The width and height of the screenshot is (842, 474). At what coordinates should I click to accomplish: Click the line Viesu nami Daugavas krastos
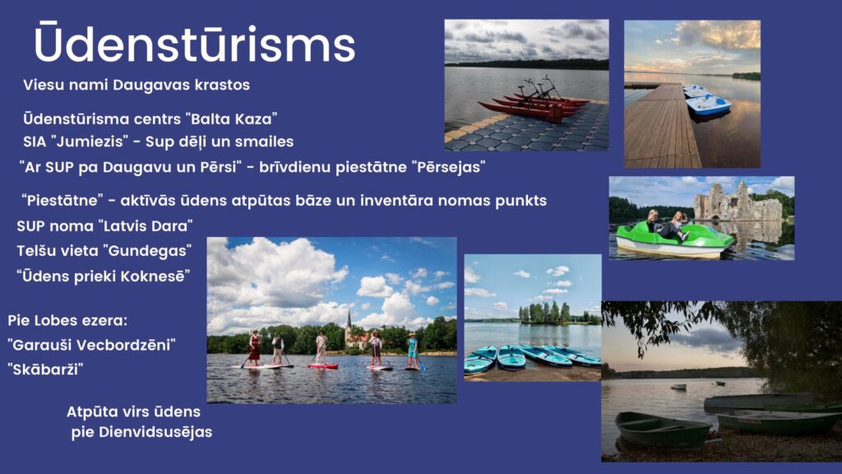coord(136,85)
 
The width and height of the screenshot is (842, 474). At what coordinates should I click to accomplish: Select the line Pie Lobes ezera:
coord(67,321)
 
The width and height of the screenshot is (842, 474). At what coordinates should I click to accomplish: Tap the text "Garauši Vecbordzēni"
coord(92,345)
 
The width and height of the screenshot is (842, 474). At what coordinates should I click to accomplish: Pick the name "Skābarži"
coord(46,369)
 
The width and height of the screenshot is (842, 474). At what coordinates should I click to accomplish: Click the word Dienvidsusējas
coord(155,432)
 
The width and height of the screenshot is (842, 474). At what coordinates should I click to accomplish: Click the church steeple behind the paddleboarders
coord(349,323)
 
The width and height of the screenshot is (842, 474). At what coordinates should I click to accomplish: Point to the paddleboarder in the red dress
coord(254,348)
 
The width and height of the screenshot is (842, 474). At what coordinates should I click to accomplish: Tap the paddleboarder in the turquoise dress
coord(413,351)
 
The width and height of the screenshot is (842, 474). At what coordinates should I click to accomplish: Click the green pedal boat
coord(674,239)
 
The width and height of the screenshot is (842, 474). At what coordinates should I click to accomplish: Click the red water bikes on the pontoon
coord(534,100)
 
